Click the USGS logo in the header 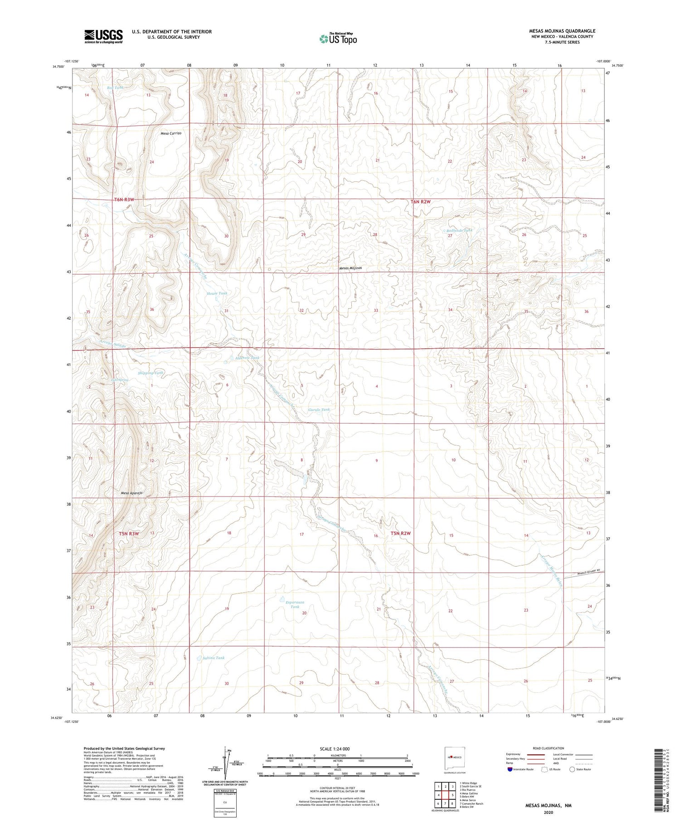(103, 36)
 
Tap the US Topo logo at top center (338, 39)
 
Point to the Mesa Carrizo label (171, 133)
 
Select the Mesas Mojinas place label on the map (350, 268)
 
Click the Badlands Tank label (459, 230)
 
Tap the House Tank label (217, 293)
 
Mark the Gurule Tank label (319, 409)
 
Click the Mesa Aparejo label (131, 493)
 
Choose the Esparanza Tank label (295, 604)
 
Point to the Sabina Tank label (214, 658)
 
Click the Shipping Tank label (151, 373)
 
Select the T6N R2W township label (420, 201)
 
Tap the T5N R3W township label (129, 534)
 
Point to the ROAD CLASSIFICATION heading (549, 748)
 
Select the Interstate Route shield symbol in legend (510, 769)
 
